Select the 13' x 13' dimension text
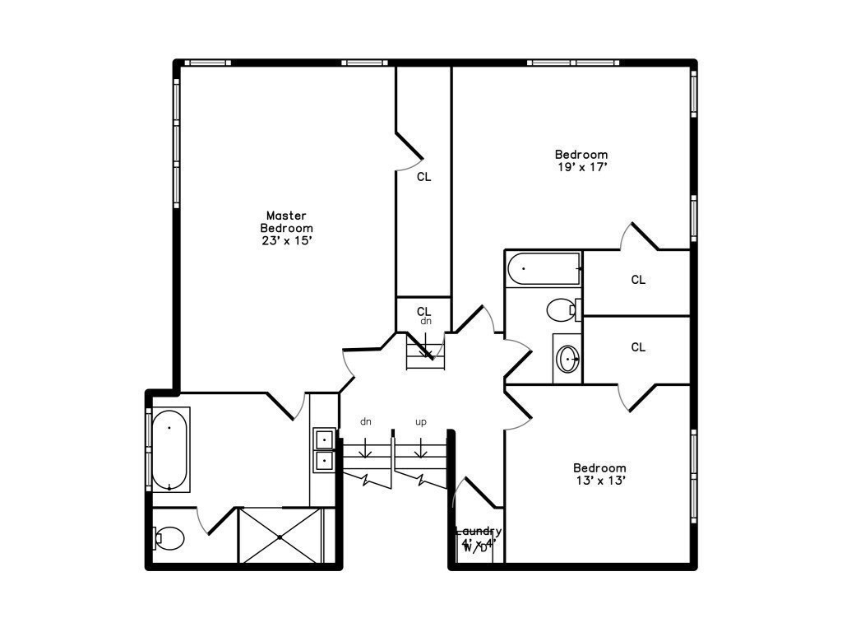pyautogui.click(x=599, y=481)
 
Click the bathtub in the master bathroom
pyautogui.click(x=169, y=449)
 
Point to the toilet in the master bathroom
pyautogui.click(x=169, y=538)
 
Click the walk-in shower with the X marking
pyautogui.click(x=280, y=537)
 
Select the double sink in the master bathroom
pyautogui.click(x=324, y=448)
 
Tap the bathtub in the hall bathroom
pyautogui.click(x=544, y=269)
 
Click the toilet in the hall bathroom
pyautogui.click(x=562, y=310)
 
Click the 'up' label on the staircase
pyautogui.click(x=421, y=422)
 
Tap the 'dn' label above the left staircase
pyautogui.click(x=366, y=422)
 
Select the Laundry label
pyautogui.click(x=479, y=531)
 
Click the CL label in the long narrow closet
pyautogui.click(x=423, y=177)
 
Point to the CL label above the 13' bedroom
pyautogui.click(x=638, y=347)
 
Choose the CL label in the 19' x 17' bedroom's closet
pyautogui.click(x=638, y=280)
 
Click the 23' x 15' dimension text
pyautogui.click(x=286, y=241)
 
